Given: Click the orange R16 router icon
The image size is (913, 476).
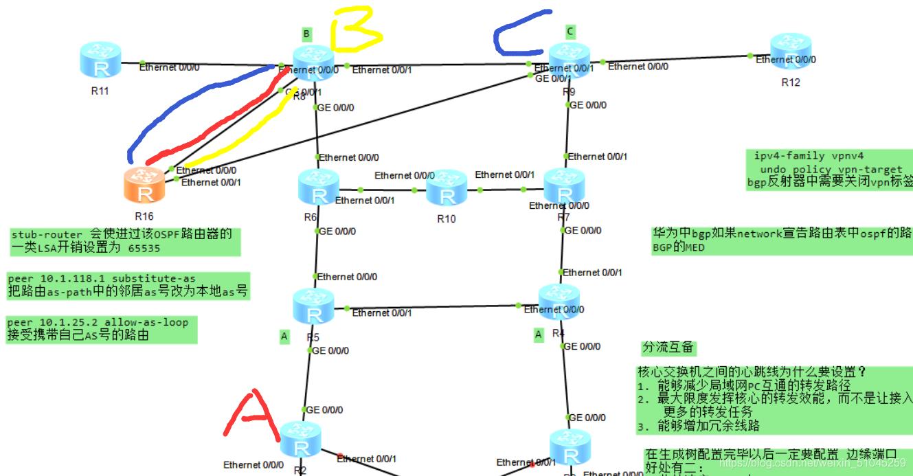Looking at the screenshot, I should [x=146, y=185].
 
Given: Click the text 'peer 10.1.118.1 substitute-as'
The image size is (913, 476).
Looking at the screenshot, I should [x=102, y=279].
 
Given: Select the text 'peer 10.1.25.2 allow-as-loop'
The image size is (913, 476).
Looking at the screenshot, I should [x=98, y=322].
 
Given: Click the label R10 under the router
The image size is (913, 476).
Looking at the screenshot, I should [x=447, y=219].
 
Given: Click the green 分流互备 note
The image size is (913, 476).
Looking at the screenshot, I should [x=668, y=348].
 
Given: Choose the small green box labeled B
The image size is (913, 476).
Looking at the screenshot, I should [x=306, y=33].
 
